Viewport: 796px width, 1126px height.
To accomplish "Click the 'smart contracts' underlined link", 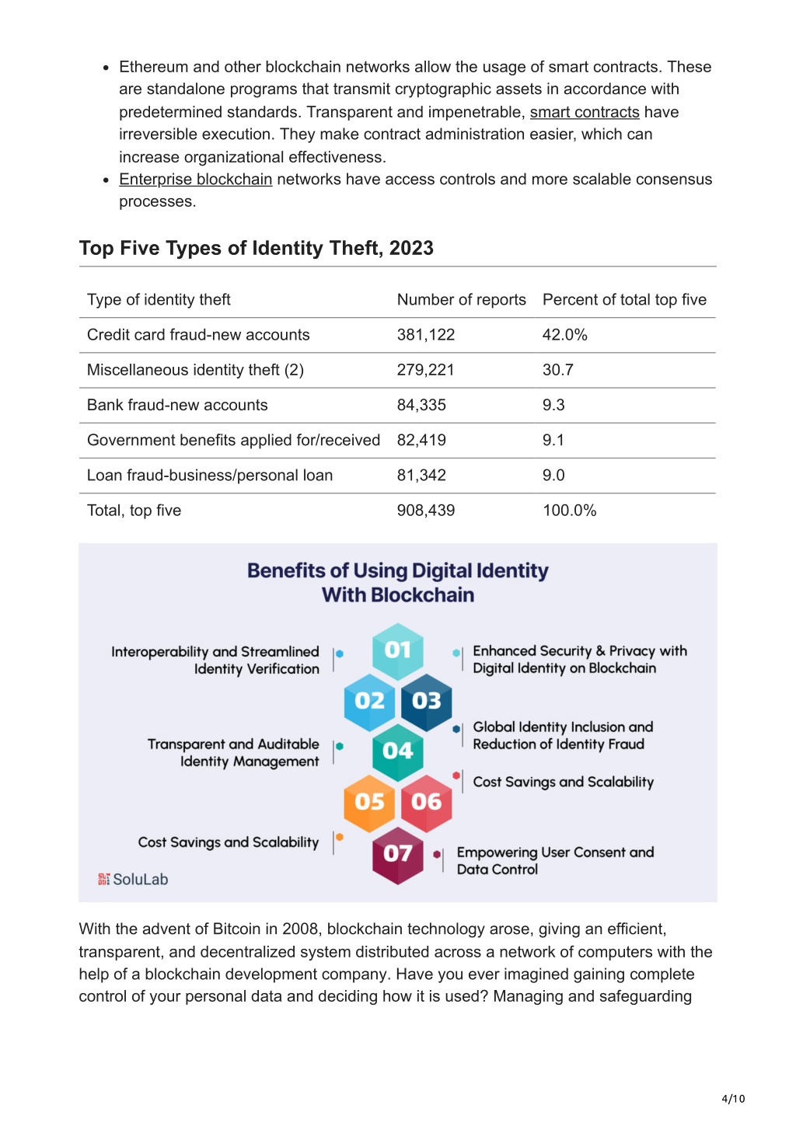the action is [x=585, y=112].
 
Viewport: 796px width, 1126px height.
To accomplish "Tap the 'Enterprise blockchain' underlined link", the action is [x=196, y=179].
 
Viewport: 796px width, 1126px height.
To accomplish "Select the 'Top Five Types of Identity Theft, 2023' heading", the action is [x=257, y=248].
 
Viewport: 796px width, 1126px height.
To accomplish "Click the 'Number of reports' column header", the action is [x=461, y=300].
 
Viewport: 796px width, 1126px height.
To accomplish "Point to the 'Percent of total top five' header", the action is [x=624, y=300].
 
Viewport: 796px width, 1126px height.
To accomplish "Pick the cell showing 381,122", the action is [x=426, y=335].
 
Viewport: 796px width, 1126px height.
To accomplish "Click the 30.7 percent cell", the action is [x=557, y=370].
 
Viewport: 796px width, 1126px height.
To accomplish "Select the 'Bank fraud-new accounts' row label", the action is [x=177, y=405].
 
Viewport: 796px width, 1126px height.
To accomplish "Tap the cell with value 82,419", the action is [x=421, y=441].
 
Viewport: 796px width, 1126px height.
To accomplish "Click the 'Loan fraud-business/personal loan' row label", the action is [x=210, y=476].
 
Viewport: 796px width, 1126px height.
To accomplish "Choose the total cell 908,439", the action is [x=426, y=511].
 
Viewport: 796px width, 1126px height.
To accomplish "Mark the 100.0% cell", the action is [x=569, y=511].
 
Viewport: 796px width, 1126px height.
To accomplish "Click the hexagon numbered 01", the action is [x=398, y=651].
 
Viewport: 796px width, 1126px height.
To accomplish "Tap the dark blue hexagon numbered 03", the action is [x=427, y=702].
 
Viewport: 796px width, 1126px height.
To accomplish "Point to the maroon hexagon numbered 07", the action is [x=398, y=855].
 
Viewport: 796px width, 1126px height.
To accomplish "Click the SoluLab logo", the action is [x=133, y=879].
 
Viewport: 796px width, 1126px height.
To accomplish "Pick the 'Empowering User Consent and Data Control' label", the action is [x=555, y=860].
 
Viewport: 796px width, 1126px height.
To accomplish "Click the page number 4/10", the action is [x=733, y=1099].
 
